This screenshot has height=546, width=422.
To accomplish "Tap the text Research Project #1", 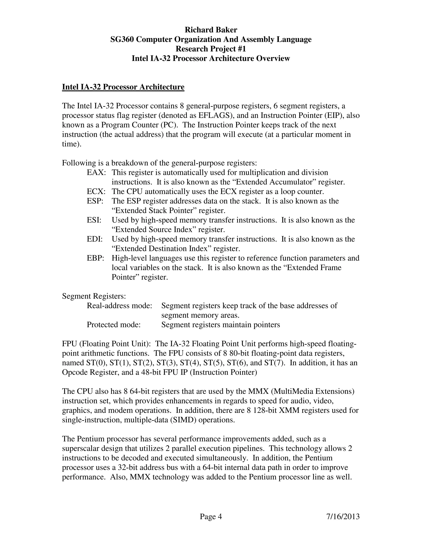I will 211,49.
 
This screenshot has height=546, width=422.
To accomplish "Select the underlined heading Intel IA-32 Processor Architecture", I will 123,87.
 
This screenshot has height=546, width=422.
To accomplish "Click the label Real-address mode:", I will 120,306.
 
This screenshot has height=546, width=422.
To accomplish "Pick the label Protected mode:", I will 114,325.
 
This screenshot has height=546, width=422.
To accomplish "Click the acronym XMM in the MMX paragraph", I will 290,410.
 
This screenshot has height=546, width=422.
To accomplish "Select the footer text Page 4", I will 211,517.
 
